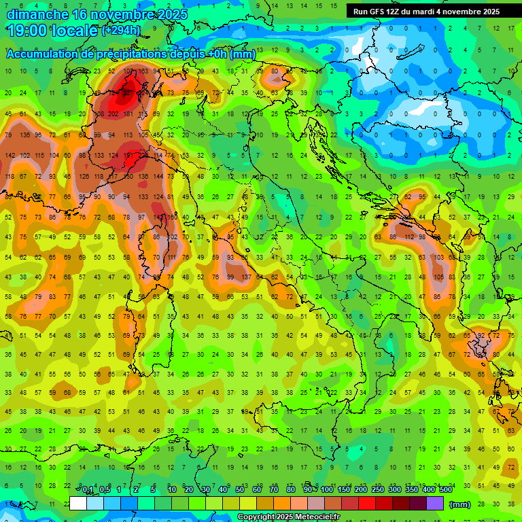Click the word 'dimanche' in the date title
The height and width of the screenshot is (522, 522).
point(37,14)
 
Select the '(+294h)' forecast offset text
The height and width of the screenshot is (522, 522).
point(121,31)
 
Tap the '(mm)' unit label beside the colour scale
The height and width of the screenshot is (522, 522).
point(460,504)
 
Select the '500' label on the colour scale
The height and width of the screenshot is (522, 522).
point(446,490)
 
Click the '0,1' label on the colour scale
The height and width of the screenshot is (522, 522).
point(88,490)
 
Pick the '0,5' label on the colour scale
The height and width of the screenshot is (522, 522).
point(105,490)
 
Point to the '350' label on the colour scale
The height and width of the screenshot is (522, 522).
point(412,490)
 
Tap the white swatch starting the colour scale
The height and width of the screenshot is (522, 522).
point(78,504)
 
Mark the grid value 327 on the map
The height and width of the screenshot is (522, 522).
point(128,92)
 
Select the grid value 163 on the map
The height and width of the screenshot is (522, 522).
point(143,71)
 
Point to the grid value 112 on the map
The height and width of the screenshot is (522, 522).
point(409,237)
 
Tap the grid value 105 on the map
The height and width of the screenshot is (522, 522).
point(438,277)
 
